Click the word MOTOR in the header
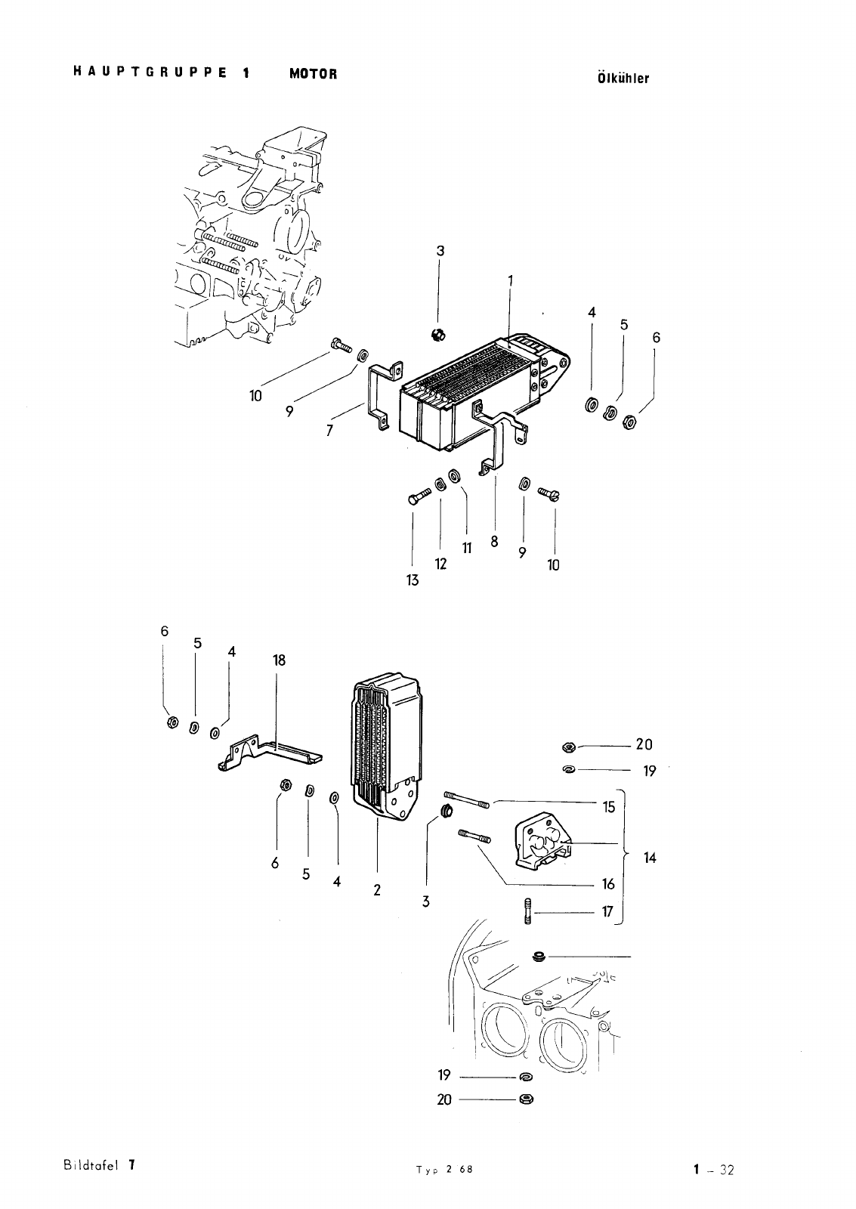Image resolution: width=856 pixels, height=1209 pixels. [x=313, y=74]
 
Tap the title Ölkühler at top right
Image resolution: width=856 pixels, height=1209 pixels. [x=623, y=79]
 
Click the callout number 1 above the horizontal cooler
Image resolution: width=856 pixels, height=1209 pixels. [x=510, y=281]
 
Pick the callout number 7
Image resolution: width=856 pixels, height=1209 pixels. [x=329, y=430]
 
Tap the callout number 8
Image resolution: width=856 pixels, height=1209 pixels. [x=494, y=541]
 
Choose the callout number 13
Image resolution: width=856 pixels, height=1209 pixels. [x=413, y=580]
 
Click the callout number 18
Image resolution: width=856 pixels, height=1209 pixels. [x=279, y=660]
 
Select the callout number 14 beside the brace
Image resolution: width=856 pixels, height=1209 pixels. [x=650, y=858]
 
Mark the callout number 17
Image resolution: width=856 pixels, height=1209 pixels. [x=607, y=911]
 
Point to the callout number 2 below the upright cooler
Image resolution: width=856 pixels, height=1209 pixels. [x=377, y=890]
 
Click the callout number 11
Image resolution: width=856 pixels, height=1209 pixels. [x=467, y=549]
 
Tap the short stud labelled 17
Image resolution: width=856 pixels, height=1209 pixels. [x=528, y=911]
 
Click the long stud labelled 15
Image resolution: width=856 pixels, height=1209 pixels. [x=467, y=799]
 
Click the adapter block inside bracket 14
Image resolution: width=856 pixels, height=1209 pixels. [x=542, y=840]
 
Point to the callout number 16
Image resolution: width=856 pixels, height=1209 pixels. [x=608, y=884]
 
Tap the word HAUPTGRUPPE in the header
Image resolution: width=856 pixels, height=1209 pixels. [x=150, y=73]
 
